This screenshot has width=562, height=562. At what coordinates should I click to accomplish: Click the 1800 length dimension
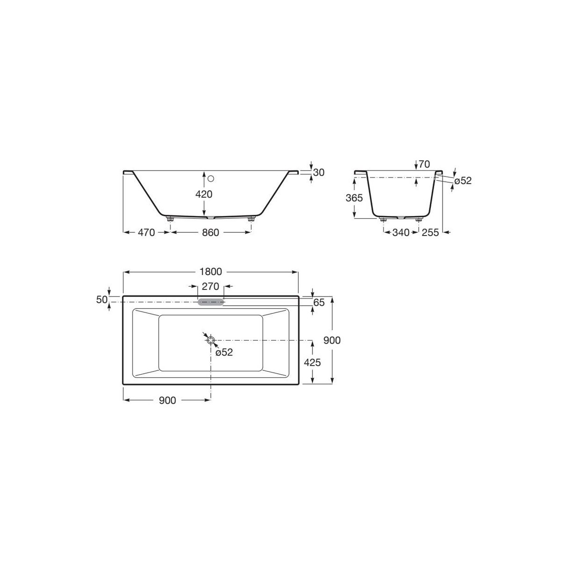[x=211, y=272]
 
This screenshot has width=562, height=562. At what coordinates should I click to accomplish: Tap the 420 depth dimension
[x=204, y=194]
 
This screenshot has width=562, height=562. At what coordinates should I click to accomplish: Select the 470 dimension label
[x=146, y=232]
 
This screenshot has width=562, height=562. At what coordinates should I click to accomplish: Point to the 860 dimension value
[x=210, y=232]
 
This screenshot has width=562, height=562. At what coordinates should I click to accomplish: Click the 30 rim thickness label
[x=318, y=173]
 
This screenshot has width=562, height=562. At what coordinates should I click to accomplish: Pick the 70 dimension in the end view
[x=424, y=164]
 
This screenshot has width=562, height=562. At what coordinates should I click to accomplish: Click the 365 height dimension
[x=354, y=198]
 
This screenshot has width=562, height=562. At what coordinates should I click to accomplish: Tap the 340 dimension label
[x=401, y=232]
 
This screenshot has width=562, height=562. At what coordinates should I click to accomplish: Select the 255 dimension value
[x=430, y=232]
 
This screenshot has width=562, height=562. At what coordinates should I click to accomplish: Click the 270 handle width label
[x=210, y=287]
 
